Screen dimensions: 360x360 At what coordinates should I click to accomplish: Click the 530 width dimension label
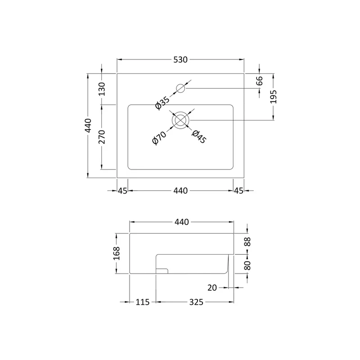coord(180,60)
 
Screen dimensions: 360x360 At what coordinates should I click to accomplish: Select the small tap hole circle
coord(180,88)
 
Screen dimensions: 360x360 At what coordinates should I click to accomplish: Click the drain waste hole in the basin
coord(180,120)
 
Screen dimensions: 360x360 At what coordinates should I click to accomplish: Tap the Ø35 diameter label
coord(162,103)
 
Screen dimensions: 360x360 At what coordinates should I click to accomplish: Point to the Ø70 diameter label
coord(159,138)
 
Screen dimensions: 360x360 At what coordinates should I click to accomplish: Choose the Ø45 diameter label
coord(199,137)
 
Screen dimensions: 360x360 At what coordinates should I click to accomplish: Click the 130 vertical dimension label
coord(102,89)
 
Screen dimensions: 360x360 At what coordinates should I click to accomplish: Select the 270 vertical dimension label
coord(102,137)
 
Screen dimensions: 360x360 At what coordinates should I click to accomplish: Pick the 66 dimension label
coord(259,81)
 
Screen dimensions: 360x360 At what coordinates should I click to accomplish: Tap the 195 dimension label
coord(273,97)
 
